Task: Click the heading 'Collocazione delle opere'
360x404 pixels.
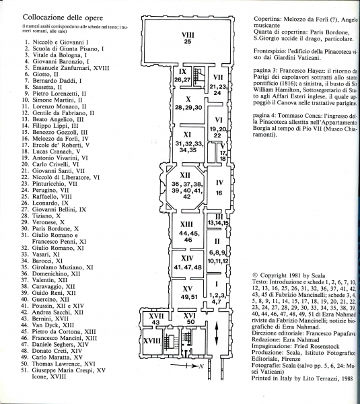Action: click(x=63, y=18)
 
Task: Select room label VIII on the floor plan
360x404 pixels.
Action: click(x=188, y=35)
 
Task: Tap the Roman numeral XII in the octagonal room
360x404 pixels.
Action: click(x=185, y=175)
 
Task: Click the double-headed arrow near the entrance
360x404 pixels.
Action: click(x=217, y=333)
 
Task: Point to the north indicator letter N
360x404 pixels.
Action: click(x=201, y=366)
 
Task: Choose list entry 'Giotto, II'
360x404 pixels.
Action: click(x=45, y=75)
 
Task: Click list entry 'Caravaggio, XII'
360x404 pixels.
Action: click(x=49, y=287)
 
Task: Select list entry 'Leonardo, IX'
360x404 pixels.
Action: click(x=50, y=203)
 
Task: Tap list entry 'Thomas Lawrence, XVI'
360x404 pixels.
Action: click(x=63, y=364)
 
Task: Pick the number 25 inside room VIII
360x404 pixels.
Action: click(x=188, y=41)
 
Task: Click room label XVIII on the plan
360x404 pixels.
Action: click(x=152, y=341)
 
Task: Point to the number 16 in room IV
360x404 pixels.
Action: click(x=219, y=193)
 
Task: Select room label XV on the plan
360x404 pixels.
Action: click(x=187, y=289)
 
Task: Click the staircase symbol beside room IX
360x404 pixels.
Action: click(x=199, y=76)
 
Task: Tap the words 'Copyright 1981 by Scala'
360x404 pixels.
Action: click(x=292, y=275)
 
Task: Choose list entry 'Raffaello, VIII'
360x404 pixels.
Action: click(x=52, y=197)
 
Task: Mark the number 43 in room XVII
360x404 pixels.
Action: click(x=156, y=322)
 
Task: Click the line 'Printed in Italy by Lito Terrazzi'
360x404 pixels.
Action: click(x=295, y=378)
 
